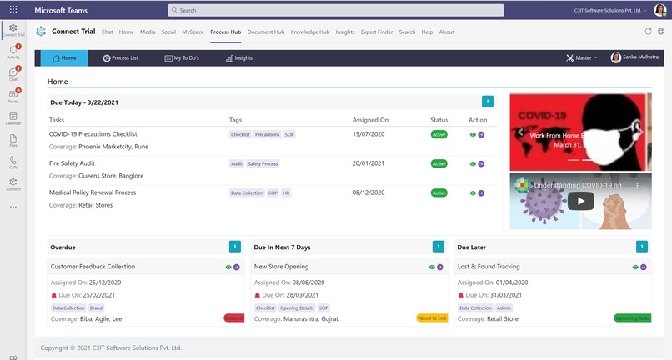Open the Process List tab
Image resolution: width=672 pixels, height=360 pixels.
tap(121, 58)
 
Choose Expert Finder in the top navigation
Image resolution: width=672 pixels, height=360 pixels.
tap(376, 32)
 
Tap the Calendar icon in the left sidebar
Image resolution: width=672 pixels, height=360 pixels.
tap(13, 118)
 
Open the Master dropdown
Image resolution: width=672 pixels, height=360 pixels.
tap(581, 58)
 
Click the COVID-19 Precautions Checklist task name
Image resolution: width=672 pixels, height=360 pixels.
tap(93, 134)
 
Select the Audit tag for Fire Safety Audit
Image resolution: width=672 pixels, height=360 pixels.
tap(237, 163)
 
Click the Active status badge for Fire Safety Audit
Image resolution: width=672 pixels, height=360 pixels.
tap(439, 163)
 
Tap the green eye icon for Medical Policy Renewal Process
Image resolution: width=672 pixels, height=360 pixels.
tap(473, 193)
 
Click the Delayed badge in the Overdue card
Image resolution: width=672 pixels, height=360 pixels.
tap(233, 318)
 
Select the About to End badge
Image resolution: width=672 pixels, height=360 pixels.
tap(431, 318)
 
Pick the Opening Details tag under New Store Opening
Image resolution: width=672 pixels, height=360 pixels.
tap(297, 307)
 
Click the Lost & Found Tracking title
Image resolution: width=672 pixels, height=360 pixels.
tap(489, 267)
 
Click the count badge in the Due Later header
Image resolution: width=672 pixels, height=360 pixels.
tap(641, 247)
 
